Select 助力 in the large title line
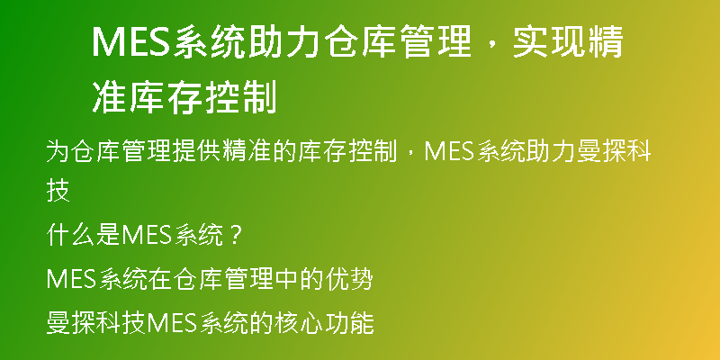[x=284, y=42]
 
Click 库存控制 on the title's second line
[x=202, y=97]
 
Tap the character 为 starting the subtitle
[x=58, y=151]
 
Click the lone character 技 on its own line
[x=58, y=191]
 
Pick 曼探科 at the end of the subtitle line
[x=614, y=151]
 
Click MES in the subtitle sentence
[x=448, y=151]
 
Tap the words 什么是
[x=83, y=236]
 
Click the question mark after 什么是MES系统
[x=235, y=237]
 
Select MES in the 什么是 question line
[x=145, y=236]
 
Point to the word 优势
[x=347, y=280]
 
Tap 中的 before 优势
[x=299, y=280]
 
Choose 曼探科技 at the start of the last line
[x=95, y=323]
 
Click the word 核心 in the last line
[x=299, y=323]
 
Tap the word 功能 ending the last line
[x=348, y=323]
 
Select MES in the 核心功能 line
[x=169, y=324]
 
